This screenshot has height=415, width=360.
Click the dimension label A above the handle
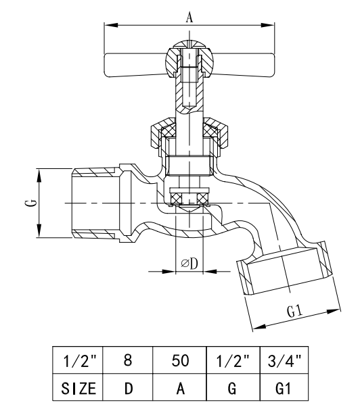click(189, 18)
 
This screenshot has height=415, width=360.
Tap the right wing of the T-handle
click(247, 66)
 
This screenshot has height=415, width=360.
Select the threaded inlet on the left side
click(95, 203)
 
